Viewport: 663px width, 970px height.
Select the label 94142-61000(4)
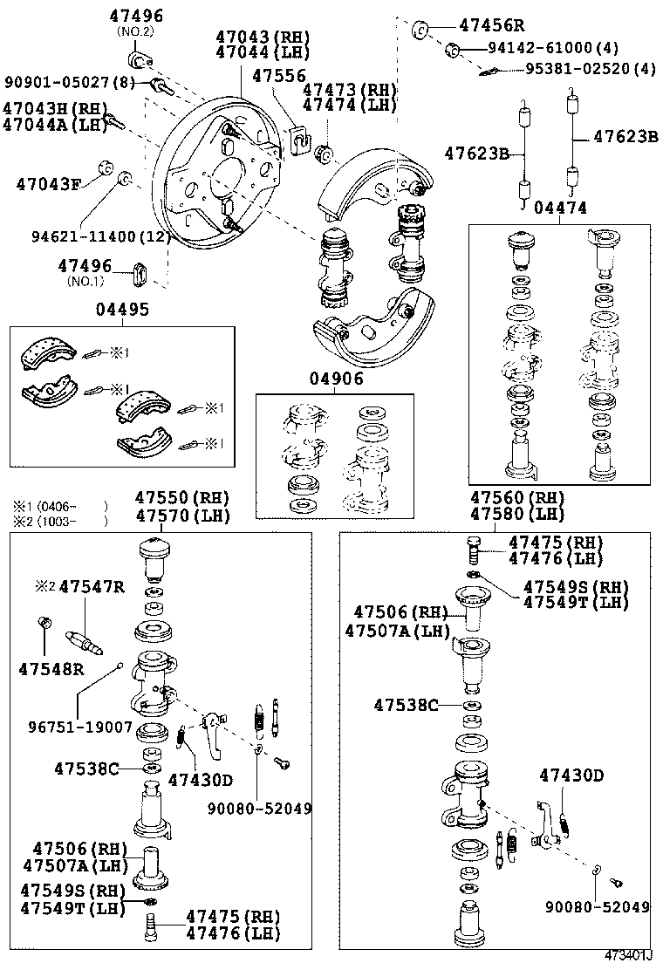point(553,48)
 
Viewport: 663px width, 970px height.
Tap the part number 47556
point(278,76)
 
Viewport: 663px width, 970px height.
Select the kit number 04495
point(122,310)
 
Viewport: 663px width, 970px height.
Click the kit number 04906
point(335,379)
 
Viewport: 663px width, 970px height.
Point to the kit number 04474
point(559,208)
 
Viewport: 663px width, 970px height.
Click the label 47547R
point(92,585)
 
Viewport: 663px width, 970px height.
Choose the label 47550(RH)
point(181,497)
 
